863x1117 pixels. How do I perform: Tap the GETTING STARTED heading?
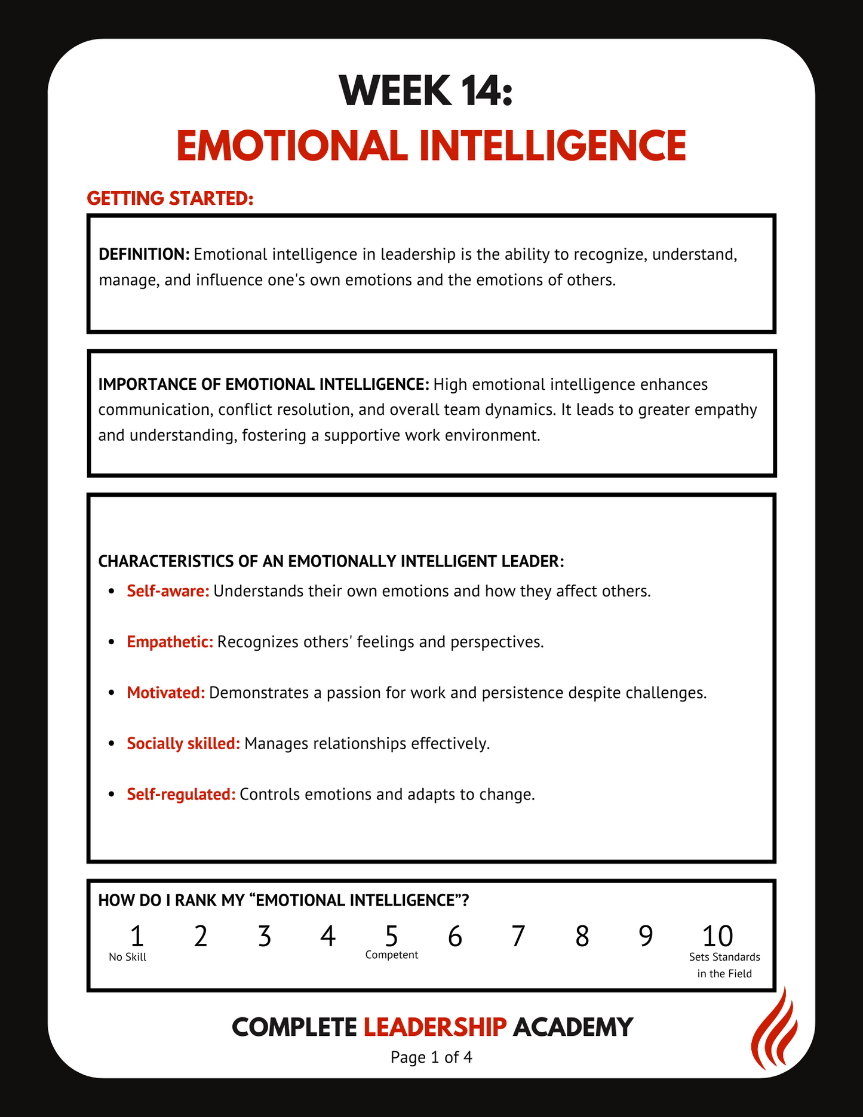170,198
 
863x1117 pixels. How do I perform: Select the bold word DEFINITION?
144,254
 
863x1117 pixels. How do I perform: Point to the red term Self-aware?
168,591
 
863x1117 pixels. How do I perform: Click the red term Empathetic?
170,642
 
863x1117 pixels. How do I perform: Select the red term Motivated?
165,693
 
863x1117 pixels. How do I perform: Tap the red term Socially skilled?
183,743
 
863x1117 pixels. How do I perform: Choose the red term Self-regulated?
181,794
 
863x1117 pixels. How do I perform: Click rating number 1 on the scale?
137,936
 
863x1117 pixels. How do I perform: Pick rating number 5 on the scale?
391,936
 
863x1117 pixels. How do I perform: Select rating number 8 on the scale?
582,936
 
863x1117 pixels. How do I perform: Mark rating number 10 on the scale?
717,936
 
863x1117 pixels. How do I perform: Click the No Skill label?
127,957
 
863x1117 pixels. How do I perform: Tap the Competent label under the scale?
391,955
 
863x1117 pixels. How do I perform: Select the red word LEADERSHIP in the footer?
435,1027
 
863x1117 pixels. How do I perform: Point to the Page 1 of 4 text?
431,1057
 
